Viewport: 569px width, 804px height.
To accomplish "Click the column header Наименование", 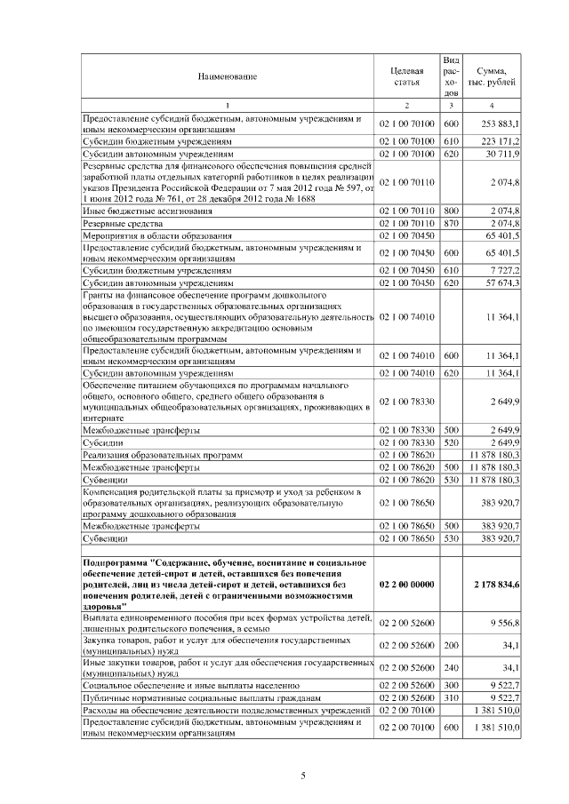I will (228, 76).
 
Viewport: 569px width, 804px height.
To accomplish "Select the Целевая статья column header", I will (406, 76).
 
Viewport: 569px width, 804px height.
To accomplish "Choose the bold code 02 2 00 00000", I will (406, 583).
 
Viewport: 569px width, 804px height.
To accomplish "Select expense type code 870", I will (450, 223).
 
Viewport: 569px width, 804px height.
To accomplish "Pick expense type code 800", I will (450, 211).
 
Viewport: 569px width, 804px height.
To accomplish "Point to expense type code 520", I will (450, 442).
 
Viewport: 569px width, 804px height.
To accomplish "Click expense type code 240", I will (450, 667).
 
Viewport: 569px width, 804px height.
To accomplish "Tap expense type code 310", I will (450, 698).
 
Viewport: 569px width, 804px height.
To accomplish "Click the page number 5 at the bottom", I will (302, 776).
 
